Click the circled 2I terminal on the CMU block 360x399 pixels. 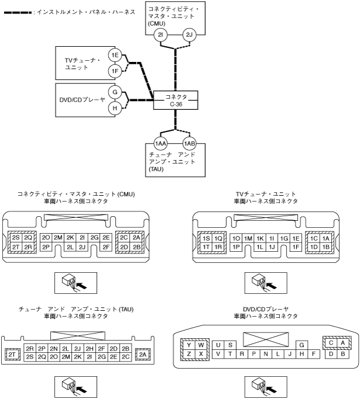coord(162,36)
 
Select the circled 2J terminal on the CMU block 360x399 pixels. coord(189,36)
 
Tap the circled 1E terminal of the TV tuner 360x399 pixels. coord(115,55)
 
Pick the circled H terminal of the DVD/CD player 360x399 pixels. coord(115,107)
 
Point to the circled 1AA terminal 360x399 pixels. coord(161,144)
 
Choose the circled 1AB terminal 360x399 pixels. coord(189,144)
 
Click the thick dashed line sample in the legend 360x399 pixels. coord(18,12)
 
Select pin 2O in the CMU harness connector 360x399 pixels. coord(46,237)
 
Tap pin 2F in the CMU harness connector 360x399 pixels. coord(106,247)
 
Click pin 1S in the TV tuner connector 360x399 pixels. coord(206,238)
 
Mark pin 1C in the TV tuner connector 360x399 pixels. coord(314,238)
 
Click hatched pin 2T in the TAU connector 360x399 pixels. coord(11,354)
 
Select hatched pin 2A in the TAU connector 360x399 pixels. coord(142,354)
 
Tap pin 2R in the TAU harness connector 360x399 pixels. coord(30,348)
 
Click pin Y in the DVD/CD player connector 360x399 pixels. coord(189,345)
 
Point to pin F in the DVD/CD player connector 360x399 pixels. coord(314,354)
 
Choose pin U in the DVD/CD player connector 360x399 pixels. coord(219,345)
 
